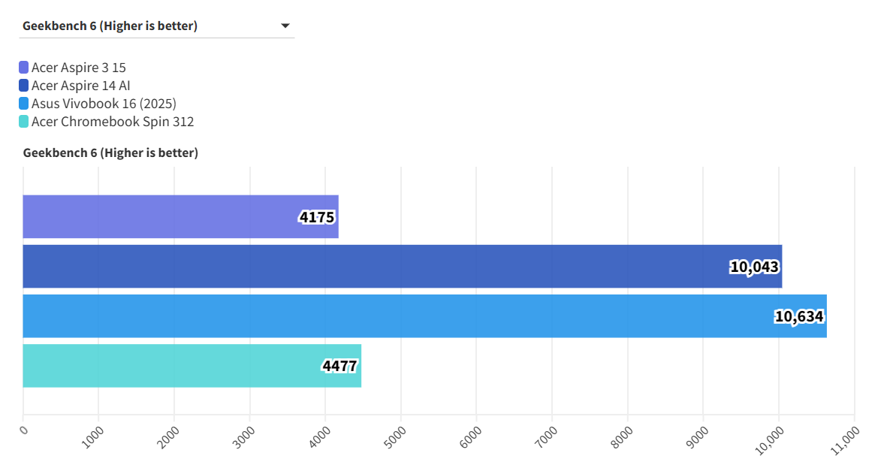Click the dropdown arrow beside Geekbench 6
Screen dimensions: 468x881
coord(285,26)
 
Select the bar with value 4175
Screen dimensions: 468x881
coord(180,216)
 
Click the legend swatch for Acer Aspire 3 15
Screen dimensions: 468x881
coord(24,68)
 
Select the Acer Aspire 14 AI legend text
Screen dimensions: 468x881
coord(81,86)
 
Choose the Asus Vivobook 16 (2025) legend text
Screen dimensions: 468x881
coord(104,104)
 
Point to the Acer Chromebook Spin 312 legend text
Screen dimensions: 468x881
coord(113,122)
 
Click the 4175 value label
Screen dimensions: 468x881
coord(317,217)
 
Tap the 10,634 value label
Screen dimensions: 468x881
coord(799,316)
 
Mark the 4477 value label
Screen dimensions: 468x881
coord(339,366)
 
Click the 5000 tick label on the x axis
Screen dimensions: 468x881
coord(396,436)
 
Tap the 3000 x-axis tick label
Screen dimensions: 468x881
coord(245,436)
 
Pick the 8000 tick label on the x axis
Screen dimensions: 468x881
coord(623,436)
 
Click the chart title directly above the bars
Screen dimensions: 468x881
coord(110,153)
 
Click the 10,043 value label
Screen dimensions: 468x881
coord(754,267)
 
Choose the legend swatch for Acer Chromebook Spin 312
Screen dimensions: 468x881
coord(24,122)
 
